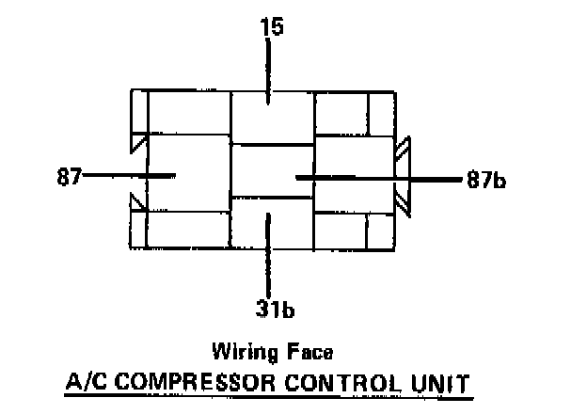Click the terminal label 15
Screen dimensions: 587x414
[x=271, y=27]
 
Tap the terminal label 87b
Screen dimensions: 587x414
[x=485, y=180]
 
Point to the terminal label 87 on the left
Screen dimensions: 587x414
[x=68, y=175]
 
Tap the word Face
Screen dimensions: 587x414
[x=311, y=354]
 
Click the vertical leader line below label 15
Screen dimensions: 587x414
[x=270, y=72]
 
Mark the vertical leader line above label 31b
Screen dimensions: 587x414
[x=270, y=250]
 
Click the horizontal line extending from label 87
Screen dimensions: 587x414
[x=122, y=175]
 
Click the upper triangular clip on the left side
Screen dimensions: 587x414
[x=138, y=143]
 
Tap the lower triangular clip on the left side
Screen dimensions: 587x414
[x=137, y=202]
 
